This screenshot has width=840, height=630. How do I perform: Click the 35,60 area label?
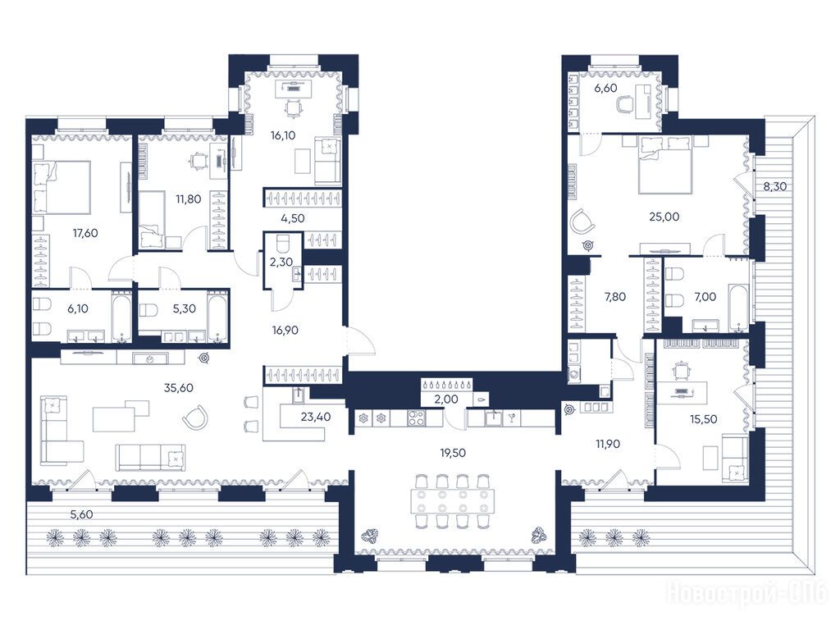[178, 388]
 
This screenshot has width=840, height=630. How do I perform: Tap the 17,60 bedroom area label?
[85, 233]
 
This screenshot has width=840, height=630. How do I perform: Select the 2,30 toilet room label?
[281, 262]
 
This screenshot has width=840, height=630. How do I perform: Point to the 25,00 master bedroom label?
[664, 217]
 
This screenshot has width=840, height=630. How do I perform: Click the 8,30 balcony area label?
[774, 186]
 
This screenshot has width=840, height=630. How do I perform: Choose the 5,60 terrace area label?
[81, 514]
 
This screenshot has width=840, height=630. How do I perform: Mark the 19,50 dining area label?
[453, 453]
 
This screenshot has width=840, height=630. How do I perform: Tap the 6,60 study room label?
[605, 89]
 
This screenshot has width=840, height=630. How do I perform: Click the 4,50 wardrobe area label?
[293, 218]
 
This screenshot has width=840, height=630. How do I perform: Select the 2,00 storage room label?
[446, 399]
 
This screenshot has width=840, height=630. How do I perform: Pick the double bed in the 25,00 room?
[664, 164]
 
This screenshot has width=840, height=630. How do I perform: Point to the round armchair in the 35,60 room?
[195, 418]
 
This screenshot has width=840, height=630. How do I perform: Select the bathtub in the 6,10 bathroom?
[121, 316]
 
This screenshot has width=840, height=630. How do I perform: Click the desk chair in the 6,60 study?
[625, 103]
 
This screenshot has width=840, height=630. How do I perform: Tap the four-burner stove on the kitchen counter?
[416, 418]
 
